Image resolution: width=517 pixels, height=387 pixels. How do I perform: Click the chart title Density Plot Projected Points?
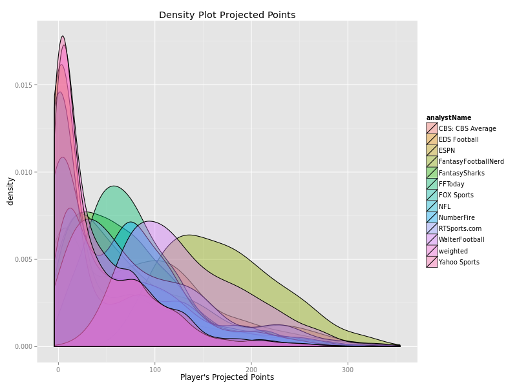click(227, 15)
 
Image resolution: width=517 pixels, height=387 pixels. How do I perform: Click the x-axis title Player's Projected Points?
click(227, 377)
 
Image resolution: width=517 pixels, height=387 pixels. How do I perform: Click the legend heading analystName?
click(448, 117)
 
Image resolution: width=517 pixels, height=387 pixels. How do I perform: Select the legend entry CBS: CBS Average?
click(467, 128)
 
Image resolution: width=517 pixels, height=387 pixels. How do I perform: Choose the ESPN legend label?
click(447, 150)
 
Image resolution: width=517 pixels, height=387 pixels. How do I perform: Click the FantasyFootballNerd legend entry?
click(471, 161)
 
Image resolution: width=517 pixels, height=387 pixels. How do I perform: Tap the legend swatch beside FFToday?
click(432, 184)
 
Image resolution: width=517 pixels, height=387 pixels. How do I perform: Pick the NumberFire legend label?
click(456, 217)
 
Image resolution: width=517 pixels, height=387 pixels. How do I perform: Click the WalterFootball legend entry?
click(460, 239)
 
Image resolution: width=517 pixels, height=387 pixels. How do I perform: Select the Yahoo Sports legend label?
click(459, 262)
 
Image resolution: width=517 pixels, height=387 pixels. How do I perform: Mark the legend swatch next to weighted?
click(432, 251)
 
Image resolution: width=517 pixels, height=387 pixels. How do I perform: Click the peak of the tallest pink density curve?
click(63, 36)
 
